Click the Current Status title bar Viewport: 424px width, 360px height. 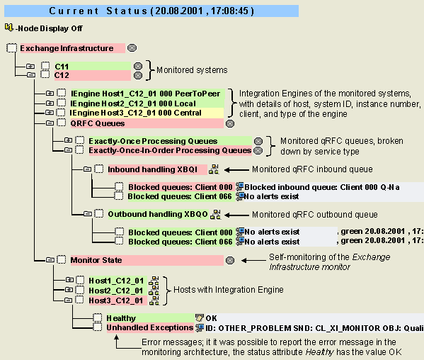pyautogui.click(x=151, y=11)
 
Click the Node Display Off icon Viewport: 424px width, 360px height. pyautogui.click(x=8, y=28)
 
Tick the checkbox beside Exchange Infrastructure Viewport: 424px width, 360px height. pyautogui.click(x=11, y=48)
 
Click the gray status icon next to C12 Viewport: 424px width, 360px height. pyautogui.click(x=138, y=76)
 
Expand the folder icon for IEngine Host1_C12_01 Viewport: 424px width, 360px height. pyautogui.click(x=50, y=94)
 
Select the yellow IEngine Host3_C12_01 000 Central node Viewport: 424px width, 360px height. pyautogui.click(x=147, y=113)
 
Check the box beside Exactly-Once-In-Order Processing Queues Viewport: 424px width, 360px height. pyautogui.click(x=79, y=150)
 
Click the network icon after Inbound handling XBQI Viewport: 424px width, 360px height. pyautogui.click(x=214, y=169)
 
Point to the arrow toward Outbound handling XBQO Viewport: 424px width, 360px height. pyautogui.click(x=236, y=215)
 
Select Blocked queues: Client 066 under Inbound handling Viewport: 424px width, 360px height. pyautogui.click(x=180, y=196)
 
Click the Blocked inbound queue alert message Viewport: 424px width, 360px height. pyautogui.click(x=322, y=187)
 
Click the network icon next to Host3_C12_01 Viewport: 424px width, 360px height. pyautogui.click(x=154, y=300)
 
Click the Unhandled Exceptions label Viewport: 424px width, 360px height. pyautogui.click(x=150, y=328)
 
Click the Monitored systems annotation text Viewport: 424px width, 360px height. pyautogui.click(x=192, y=70)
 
